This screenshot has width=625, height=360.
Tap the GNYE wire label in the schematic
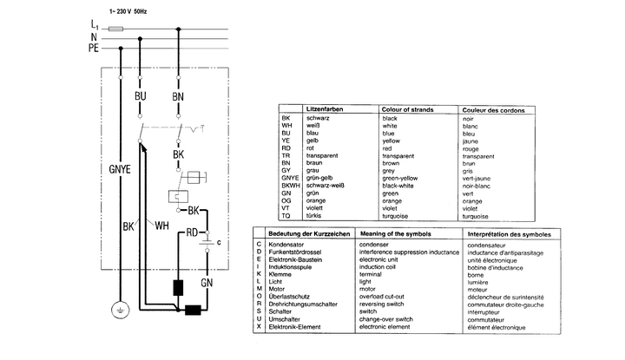(120, 169)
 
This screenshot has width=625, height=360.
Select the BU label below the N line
(141, 95)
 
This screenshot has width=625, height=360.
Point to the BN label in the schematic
(178, 95)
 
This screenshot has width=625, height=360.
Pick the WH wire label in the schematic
(161, 227)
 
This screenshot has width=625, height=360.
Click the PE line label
(93, 49)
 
